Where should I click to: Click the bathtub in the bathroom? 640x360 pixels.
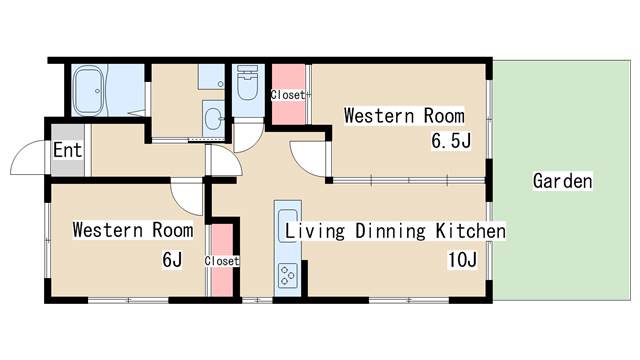[x=89, y=90]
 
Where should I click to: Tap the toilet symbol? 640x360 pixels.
[x=248, y=83]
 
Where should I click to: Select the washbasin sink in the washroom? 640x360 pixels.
[x=213, y=119]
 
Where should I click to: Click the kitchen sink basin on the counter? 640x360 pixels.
[x=288, y=226]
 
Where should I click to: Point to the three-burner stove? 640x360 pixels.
[x=288, y=275]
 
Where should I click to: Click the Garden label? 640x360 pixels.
[x=562, y=181]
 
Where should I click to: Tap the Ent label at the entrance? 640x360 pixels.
[x=68, y=150]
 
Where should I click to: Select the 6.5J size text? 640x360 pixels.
[x=451, y=141]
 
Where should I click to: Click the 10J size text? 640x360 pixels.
[x=462, y=260]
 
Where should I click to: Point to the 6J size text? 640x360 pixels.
[x=172, y=260]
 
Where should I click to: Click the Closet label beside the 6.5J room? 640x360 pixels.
[x=288, y=95]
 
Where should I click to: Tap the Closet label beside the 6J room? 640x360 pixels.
[x=222, y=261]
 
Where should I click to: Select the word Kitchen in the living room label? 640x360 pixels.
[x=471, y=231]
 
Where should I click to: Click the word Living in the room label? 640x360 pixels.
[x=315, y=231]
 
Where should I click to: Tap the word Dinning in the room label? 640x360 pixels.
[x=391, y=231]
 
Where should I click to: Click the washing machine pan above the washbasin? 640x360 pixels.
[x=211, y=77]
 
